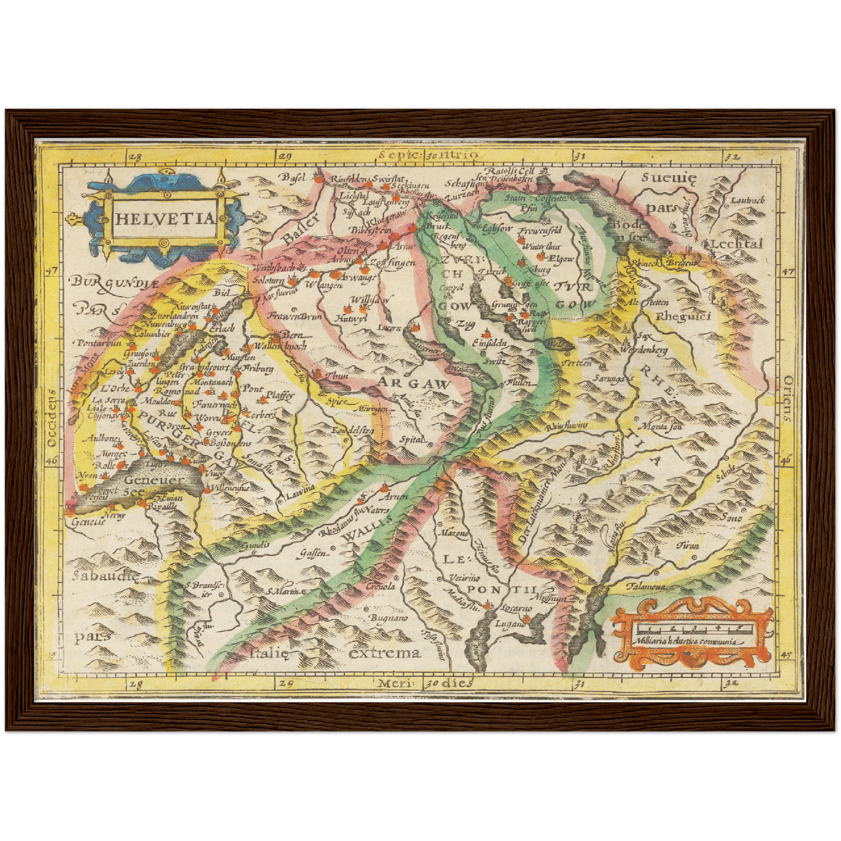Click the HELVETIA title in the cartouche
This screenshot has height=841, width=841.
pos(165,219)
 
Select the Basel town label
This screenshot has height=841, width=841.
pos(294,177)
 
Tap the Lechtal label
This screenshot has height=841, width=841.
pos(736,244)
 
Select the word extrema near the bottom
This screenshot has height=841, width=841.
pos(384,652)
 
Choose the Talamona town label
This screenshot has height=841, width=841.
pos(645,587)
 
